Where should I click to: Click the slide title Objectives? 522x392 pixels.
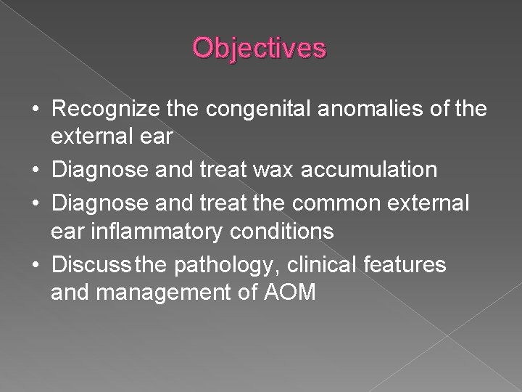[x=260, y=48]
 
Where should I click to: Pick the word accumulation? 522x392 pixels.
[x=376, y=171]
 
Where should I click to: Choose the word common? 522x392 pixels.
[x=344, y=202]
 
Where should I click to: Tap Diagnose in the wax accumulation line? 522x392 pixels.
[x=97, y=171]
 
